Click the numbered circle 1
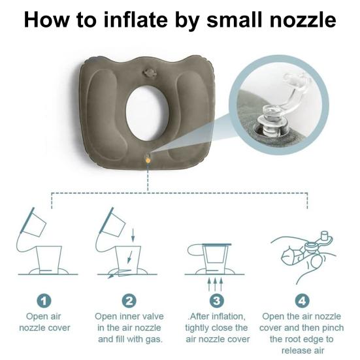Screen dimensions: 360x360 click(44, 301)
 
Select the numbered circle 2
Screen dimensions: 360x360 click(129, 301)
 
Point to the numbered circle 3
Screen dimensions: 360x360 click(216, 301)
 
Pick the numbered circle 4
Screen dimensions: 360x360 click(302, 301)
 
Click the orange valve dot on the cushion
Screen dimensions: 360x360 click(148, 159)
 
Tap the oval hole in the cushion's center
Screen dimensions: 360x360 click(146, 112)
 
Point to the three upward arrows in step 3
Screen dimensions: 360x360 click(216, 283)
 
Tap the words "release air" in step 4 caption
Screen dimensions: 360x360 click(301, 352)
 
